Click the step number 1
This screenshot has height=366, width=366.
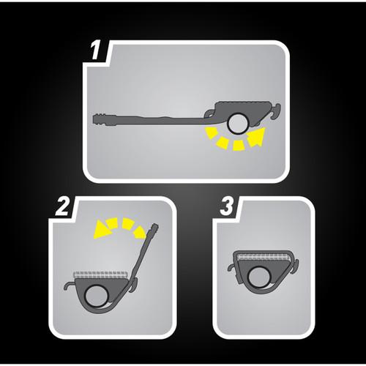pos(95,51)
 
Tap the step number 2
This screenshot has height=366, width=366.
pos(62,206)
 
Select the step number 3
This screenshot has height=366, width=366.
pos(227,206)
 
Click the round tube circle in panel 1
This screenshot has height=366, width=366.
pos(238,124)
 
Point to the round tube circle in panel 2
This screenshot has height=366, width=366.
pos(96,296)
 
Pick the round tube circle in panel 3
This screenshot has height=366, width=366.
pos(259,277)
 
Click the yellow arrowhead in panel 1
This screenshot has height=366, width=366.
pos(256,137)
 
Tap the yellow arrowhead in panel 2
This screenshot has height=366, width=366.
pos(102,229)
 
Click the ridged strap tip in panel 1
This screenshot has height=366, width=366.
pos(100,119)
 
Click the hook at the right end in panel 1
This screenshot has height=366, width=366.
pos(274,111)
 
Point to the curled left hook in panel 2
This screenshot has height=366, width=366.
pos(70,285)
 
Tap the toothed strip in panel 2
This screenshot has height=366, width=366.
pos(100,274)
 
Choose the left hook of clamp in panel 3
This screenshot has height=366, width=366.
pos(232,267)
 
